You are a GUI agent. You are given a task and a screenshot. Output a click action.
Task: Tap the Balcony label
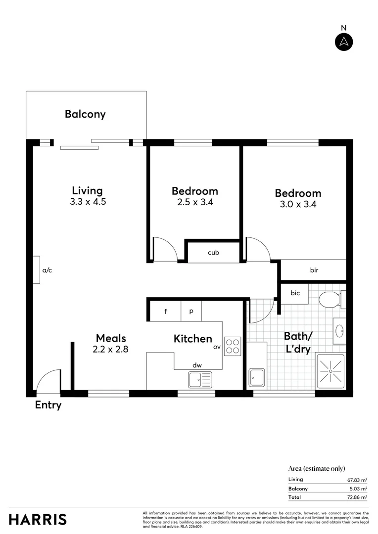point(85,114)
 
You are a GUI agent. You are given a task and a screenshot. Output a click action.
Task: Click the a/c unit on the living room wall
point(37,270)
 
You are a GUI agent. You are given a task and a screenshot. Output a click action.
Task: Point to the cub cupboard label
point(213,253)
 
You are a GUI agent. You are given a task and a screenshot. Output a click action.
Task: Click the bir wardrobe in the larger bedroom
point(313,270)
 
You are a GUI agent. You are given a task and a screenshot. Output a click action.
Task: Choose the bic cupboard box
point(295,293)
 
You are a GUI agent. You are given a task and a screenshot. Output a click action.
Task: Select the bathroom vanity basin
point(340,331)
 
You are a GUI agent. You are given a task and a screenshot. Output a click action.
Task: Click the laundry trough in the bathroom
point(257,378)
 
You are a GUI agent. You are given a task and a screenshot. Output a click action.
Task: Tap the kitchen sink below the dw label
point(199,379)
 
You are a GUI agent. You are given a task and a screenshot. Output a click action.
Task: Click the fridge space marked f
point(165,311)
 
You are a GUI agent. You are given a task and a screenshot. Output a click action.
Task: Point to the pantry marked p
point(191,311)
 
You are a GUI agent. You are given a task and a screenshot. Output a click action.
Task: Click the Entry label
point(48,405)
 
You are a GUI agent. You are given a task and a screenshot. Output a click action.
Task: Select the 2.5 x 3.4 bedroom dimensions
point(195,202)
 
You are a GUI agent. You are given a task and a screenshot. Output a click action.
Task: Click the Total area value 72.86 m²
point(357,497)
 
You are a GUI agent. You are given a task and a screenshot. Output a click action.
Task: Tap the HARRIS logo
point(38,520)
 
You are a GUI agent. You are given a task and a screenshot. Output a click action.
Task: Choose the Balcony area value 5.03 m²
point(357,489)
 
